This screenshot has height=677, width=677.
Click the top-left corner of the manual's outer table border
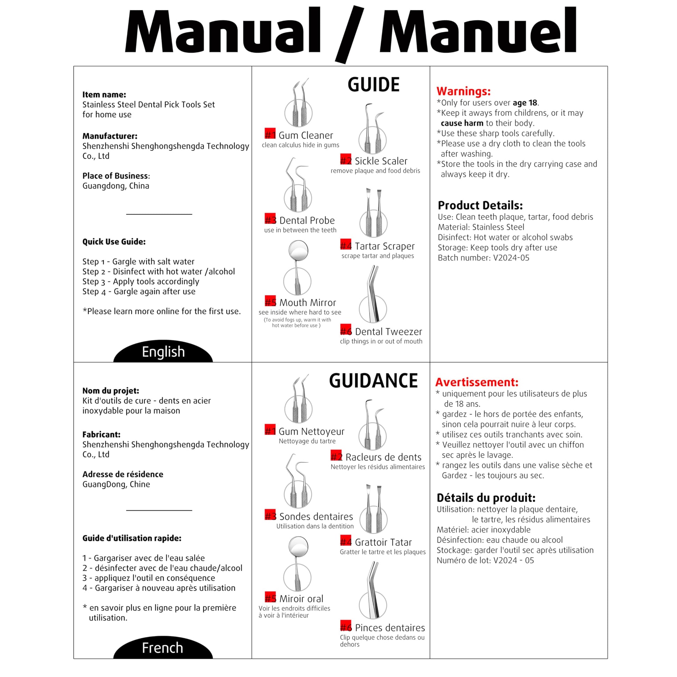pos(74,66)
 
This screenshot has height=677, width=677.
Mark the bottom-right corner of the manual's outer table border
pos(608,659)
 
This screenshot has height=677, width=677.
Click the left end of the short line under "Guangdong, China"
pos(126,214)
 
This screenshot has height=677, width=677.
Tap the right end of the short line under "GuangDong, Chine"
pos(192,510)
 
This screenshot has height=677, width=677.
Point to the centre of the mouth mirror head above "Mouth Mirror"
pos(298,250)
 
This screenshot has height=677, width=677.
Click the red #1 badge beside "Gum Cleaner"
pos(270,134)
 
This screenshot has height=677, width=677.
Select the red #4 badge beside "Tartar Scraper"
pos(346,244)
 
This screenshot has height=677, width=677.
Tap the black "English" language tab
pos(163,351)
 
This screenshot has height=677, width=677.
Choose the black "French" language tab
pos(163,647)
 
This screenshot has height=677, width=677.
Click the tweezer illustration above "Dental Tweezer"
pos(373,294)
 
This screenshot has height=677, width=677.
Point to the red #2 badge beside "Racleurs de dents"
pos(336,455)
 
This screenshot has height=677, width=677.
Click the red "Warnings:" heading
pos(464,91)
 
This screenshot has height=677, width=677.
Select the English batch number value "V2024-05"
pos(511,258)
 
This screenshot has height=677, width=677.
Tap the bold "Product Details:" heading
pos(480,205)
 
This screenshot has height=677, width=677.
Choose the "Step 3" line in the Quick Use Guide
pos(141,282)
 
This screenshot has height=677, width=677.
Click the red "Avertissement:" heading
pos(477,382)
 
